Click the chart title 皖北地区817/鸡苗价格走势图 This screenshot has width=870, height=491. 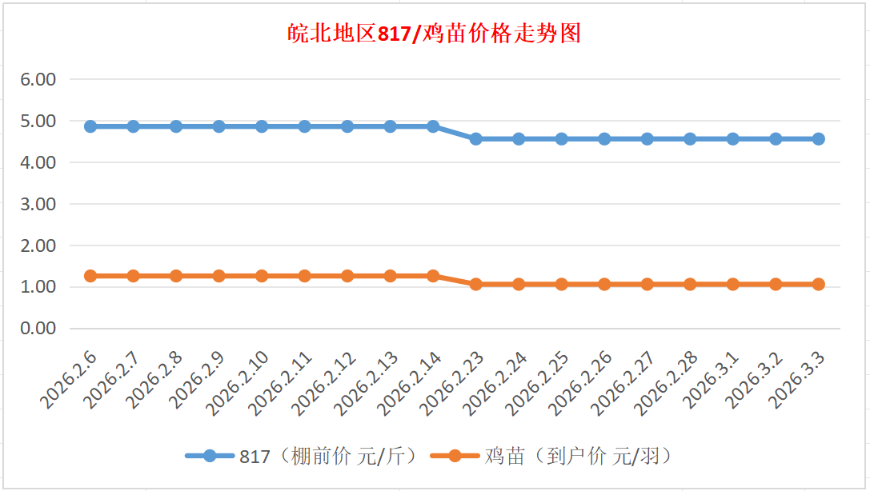[435, 34]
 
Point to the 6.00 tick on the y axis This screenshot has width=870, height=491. [39, 79]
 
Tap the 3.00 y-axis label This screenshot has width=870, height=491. [39, 204]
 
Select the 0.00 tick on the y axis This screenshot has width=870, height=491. [39, 328]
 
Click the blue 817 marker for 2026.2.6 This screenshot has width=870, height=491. [90, 126]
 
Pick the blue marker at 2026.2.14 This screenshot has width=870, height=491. [433, 126]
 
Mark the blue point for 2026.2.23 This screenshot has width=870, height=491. [476, 138]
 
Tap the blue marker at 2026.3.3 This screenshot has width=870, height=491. [819, 138]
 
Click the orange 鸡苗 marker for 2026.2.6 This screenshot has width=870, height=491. [90, 276]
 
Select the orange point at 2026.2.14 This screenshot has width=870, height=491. [433, 276]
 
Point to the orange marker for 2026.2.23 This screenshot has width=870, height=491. [476, 284]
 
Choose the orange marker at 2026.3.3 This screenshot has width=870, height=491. [819, 284]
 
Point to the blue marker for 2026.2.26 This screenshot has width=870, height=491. [604, 138]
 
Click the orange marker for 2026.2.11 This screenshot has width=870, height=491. [304, 276]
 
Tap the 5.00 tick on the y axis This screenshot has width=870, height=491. [39, 121]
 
